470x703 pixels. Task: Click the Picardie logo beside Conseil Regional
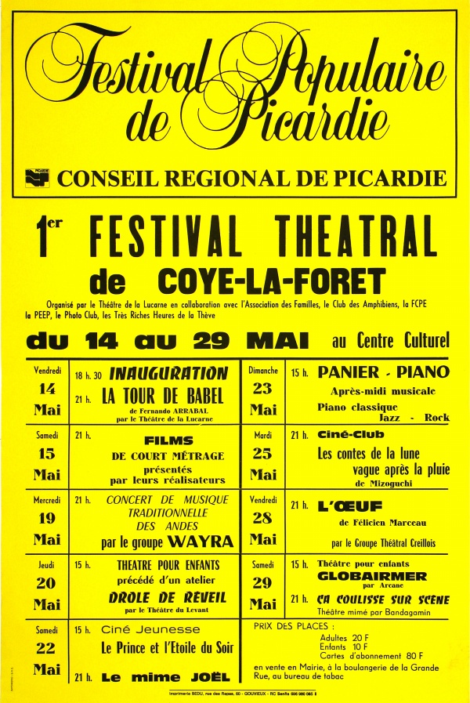(x=37, y=178)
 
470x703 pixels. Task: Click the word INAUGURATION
(x=168, y=374)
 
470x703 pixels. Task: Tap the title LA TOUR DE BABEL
(x=163, y=397)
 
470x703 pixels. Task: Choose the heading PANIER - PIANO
(x=383, y=372)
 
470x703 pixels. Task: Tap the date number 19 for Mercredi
(x=46, y=518)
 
